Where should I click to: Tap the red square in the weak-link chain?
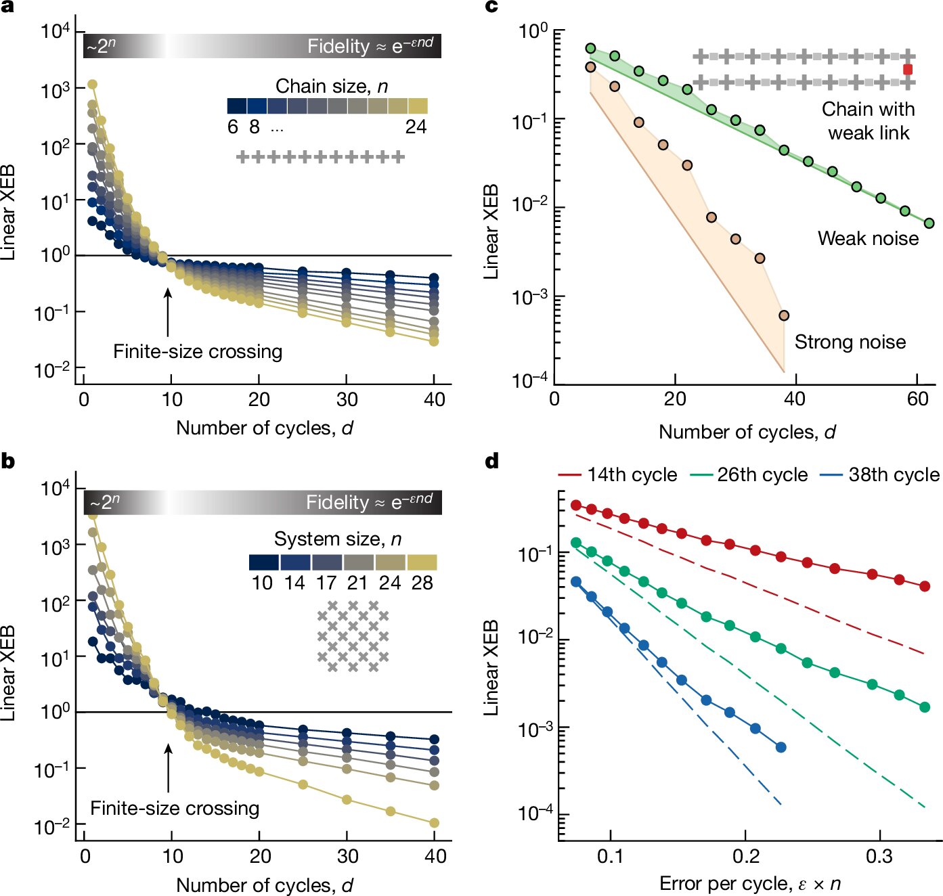pos(908,70)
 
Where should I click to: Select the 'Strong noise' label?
pos(850,342)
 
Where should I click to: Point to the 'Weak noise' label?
pos(868,238)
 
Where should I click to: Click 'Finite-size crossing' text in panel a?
pos(198,352)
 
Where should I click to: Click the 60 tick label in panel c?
pos(918,399)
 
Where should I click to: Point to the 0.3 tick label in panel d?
pos(879,857)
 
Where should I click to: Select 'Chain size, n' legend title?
pos(332,87)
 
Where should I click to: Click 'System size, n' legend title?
pos(338,539)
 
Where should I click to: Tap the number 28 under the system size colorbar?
pos(422,583)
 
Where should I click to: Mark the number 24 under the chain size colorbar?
pos(416,127)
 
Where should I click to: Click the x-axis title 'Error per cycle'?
pos(750,884)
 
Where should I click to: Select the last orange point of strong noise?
pos(784,315)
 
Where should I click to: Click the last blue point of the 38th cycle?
pos(781,747)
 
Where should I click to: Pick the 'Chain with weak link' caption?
pos(868,120)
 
